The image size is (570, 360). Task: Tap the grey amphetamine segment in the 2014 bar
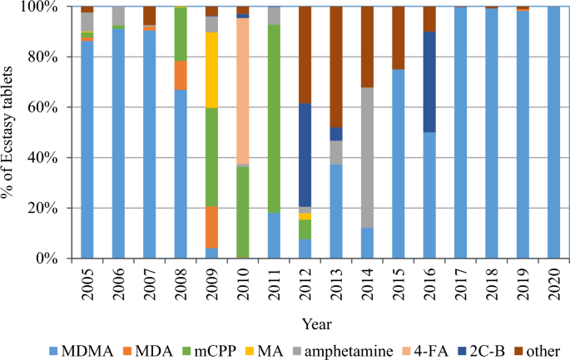[367, 157]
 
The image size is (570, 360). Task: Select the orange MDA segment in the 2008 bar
[181, 76]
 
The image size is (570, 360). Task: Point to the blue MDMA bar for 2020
[554, 133]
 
